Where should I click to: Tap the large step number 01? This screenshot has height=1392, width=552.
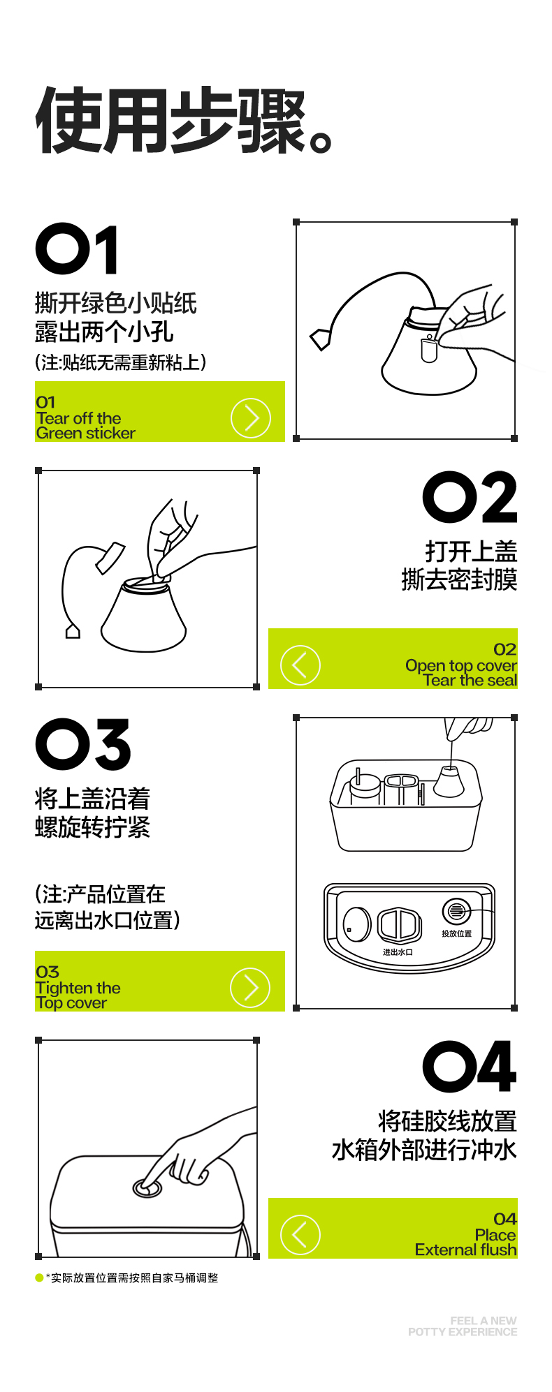pyautogui.click(x=77, y=249)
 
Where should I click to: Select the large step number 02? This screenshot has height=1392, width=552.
pyautogui.click(x=470, y=497)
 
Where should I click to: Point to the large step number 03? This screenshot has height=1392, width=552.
pyautogui.click(x=82, y=745)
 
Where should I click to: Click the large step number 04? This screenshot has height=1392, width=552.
pyautogui.click(x=470, y=1067)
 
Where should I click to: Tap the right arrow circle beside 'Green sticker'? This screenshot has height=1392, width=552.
pyautogui.click(x=250, y=418)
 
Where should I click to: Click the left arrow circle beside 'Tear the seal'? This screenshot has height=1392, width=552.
pyautogui.click(x=300, y=665)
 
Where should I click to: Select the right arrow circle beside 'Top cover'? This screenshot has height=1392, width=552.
pyautogui.click(x=250, y=988)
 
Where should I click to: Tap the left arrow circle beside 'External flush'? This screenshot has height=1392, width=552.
pyautogui.click(x=300, y=1235)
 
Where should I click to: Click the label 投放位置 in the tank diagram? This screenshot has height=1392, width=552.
pyautogui.click(x=456, y=933)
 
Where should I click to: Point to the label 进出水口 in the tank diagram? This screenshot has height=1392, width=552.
pyautogui.click(x=398, y=952)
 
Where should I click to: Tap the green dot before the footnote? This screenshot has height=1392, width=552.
pyautogui.click(x=39, y=1278)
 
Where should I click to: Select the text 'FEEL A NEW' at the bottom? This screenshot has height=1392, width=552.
pyautogui.click(x=484, y=1321)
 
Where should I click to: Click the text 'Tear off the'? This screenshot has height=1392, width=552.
pyautogui.click(x=78, y=418)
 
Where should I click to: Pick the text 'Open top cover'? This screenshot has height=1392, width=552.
pyautogui.click(x=461, y=666)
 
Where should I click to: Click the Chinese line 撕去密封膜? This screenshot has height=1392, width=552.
pyautogui.click(x=459, y=579)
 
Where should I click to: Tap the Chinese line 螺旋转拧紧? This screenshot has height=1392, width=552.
pyautogui.click(x=92, y=827)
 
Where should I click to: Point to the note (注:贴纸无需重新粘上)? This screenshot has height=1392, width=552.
pyautogui.click(x=121, y=362)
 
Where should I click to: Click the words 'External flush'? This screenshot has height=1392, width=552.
pyautogui.click(x=466, y=1250)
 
